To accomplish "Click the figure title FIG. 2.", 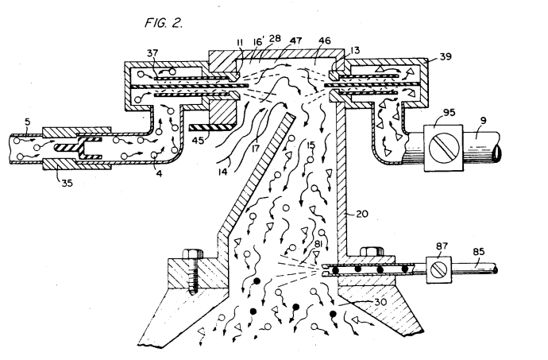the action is (164, 23).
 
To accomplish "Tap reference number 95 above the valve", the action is (449, 113).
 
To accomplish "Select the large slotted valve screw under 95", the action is (443, 148).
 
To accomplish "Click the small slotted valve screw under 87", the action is (438, 269).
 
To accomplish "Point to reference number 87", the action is (442, 246).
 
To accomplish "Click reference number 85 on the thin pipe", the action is (478, 252).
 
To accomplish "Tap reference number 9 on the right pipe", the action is (483, 121).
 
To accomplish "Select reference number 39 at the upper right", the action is (446, 56).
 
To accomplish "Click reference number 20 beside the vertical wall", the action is (362, 214).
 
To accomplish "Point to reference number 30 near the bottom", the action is (380, 301).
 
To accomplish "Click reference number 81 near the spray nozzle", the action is (318, 243).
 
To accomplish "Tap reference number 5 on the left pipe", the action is (28, 122).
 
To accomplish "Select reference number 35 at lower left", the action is (67, 183).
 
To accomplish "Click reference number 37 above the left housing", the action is (152, 52).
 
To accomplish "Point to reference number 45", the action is (199, 140).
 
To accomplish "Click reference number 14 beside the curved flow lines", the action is (223, 172).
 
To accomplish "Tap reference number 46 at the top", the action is (324, 41).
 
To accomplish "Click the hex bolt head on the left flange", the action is (192, 254).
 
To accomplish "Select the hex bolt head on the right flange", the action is (372, 252).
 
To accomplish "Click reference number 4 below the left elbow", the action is (159, 173).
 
